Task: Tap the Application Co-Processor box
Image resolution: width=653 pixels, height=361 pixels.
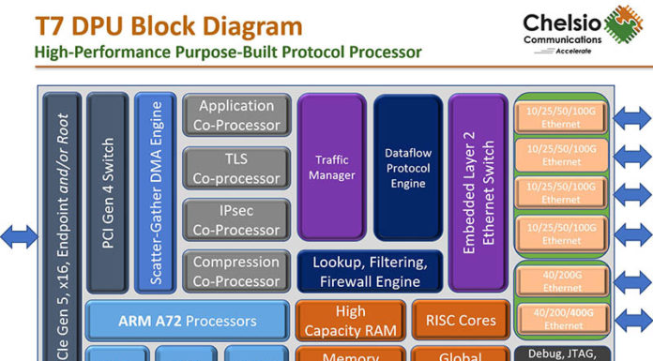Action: (236, 115)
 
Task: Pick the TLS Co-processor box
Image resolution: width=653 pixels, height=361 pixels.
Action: (236, 168)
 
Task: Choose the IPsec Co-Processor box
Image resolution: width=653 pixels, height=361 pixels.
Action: (236, 220)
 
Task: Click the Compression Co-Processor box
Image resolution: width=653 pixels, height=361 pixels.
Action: (236, 271)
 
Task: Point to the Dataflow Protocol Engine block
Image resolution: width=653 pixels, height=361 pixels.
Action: (407, 167)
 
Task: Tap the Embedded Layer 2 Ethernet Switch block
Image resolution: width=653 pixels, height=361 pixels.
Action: (478, 191)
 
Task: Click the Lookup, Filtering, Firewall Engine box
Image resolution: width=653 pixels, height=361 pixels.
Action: (369, 271)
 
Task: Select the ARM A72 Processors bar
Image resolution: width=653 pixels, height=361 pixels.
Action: (187, 321)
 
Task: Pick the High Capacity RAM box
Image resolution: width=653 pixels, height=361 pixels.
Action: (349, 321)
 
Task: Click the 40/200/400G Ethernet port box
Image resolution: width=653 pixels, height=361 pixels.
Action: (561, 320)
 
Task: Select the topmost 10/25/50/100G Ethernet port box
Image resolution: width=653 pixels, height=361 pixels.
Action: (561, 116)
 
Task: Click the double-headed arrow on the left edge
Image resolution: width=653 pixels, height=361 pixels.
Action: (19, 235)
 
